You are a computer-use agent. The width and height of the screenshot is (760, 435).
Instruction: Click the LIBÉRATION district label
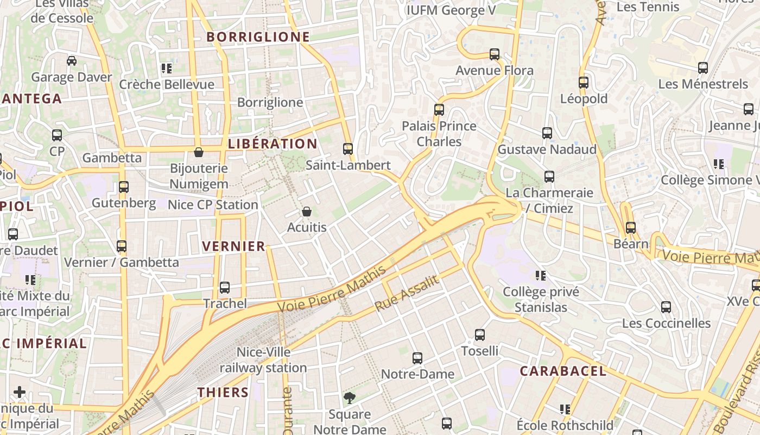tap(273, 144)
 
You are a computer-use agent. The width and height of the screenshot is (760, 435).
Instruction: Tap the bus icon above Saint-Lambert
tap(348, 148)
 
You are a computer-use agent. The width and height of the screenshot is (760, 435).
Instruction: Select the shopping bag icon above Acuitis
tap(307, 212)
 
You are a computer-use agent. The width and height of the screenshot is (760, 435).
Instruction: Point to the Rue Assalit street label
tap(407, 294)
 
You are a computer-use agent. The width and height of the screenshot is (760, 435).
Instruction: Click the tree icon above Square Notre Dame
tap(350, 399)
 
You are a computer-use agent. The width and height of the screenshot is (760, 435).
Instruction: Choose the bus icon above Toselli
tap(480, 334)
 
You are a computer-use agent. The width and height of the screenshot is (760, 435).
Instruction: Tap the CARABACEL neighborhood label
tap(563, 371)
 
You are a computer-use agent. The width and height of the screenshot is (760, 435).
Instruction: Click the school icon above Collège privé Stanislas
tap(541, 276)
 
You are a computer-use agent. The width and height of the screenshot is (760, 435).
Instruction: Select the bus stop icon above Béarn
tap(630, 227)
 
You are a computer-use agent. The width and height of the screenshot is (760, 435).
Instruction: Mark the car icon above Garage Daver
tap(72, 60)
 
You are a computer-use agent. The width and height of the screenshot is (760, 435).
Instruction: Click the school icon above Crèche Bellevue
tap(167, 69)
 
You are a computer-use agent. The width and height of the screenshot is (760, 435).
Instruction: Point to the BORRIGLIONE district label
tap(258, 37)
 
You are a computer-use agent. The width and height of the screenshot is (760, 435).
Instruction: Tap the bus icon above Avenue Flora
tap(495, 54)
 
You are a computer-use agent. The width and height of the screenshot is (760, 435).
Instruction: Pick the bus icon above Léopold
tap(584, 83)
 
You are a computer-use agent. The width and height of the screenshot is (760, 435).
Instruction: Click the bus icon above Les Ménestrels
tap(703, 68)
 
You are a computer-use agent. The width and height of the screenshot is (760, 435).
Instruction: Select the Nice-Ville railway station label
tap(263, 360)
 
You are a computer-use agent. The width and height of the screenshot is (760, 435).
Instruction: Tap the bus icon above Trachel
tap(225, 288)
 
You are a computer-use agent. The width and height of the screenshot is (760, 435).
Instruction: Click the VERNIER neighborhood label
tap(234, 246)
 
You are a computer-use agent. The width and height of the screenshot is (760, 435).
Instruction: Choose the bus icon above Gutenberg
tap(124, 187)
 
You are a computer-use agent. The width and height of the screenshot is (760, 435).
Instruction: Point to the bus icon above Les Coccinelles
tap(666, 307)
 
